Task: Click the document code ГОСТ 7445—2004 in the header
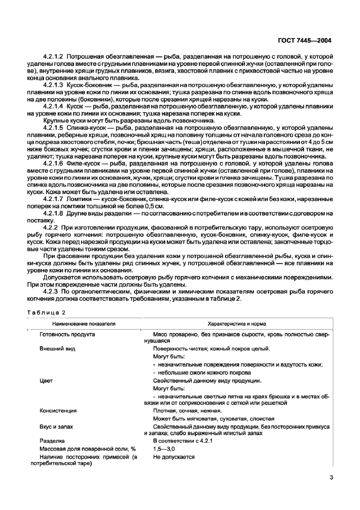pos(304,40)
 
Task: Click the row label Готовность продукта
pos(68,334)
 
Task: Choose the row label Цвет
pos(46,381)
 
